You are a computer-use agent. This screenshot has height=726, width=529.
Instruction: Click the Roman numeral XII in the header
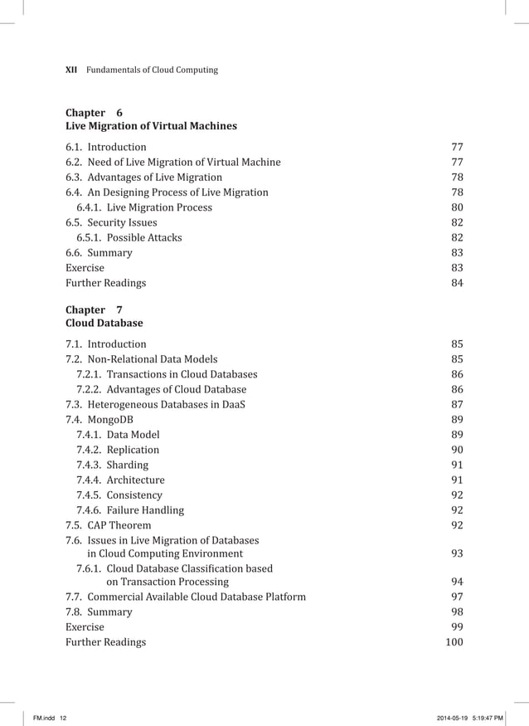tap(71, 70)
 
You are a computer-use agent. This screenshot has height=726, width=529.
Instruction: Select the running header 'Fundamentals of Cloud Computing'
tap(153, 70)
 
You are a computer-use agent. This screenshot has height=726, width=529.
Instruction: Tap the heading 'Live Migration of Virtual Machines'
tap(151, 126)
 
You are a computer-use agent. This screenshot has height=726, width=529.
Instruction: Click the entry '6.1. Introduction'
tap(106, 148)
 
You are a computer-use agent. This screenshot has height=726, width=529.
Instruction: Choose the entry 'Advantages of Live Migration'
tap(144, 178)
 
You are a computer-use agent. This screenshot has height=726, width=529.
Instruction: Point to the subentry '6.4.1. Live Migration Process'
tap(144, 207)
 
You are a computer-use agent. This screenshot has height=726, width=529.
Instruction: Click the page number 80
tap(456, 207)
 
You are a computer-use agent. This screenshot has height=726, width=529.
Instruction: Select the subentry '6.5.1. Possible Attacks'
tap(129, 237)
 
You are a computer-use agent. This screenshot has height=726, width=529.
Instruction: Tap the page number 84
tap(456, 283)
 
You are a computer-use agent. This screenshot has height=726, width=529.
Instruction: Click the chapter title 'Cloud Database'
tap(104, 324)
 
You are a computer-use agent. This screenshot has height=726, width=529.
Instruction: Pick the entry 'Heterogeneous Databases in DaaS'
tap(155, 405)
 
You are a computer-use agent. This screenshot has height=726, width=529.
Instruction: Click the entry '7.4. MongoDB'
tap(99, 420)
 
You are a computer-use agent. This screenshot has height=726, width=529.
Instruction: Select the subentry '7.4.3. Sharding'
tap(113, 465)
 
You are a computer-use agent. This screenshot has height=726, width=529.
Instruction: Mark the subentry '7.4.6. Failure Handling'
tap(130, 510)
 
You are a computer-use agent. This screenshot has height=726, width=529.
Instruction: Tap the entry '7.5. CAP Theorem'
tap(109, 525)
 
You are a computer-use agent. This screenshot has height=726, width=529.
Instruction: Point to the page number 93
tap(456, 553)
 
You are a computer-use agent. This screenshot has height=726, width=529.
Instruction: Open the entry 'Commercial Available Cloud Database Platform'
tap(186, 597)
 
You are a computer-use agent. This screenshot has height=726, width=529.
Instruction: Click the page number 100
tap(454, 642)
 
